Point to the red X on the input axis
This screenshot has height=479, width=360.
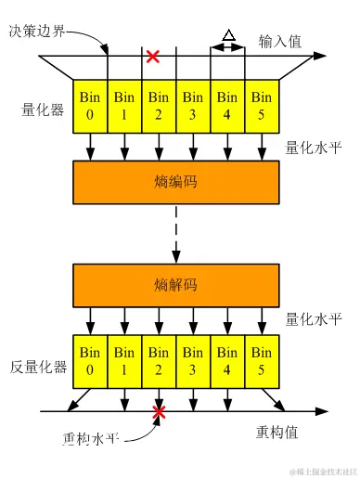click(x=153, y=58)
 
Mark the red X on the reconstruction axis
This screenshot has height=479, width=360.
click(x=160, y=410)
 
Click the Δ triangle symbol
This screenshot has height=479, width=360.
click(x=227, y=36)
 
